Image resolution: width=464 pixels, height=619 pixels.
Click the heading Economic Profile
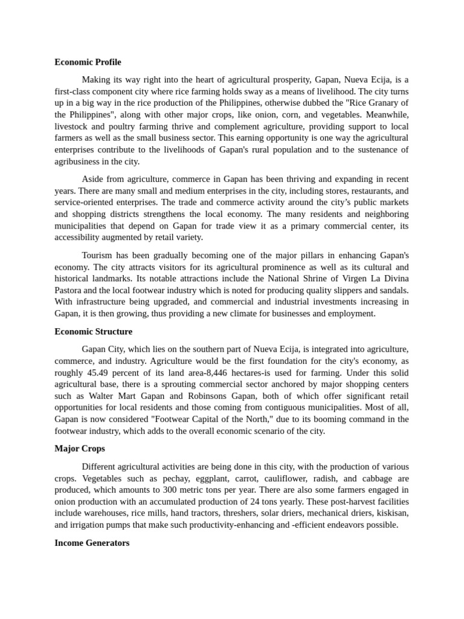(88, 62)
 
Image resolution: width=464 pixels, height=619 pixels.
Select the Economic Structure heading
(93, 331)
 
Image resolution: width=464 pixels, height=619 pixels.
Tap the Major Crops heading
(79, 449)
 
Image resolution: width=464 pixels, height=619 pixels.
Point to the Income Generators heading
(92, 543)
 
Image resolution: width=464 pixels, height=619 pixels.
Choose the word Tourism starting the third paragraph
(98, 255)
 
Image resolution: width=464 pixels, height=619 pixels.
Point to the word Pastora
(69, 290)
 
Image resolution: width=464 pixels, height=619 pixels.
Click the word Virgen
(344, 279)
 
